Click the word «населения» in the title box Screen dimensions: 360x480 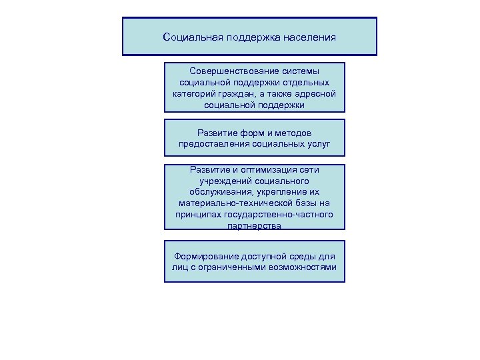(x=309, y=37)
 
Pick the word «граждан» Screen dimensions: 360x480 (x=238, y=93)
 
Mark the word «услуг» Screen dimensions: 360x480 (x=317, y=143)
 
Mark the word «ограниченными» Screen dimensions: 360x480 (x=233, y=269)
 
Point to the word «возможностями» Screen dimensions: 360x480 (x=304, y=269)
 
